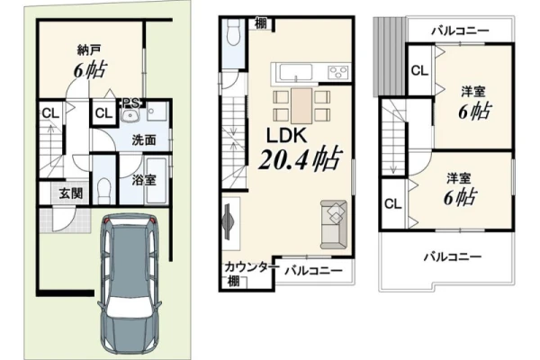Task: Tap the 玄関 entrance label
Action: tap(71, 193)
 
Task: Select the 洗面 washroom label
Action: tap(144, 140)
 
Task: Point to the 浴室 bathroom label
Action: tap(144, 180)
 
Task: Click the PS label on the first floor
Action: tap(130, 103)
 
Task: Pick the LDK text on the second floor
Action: tap(286, 136)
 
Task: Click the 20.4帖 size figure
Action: tap(301, 158)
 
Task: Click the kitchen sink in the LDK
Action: tap(296, 72)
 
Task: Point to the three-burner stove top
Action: tap(339, 72)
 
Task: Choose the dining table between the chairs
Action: tap(301, 106)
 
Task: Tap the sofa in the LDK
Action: tap(333, 224)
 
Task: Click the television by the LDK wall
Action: tap(228, 221)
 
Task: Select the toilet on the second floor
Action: tap(234, 34)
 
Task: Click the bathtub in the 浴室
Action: tap(157, 180)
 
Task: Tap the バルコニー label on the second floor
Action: tap(313, 271)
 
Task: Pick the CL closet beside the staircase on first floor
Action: tap(50, 113)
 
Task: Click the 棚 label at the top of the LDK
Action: tap(261, 23)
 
